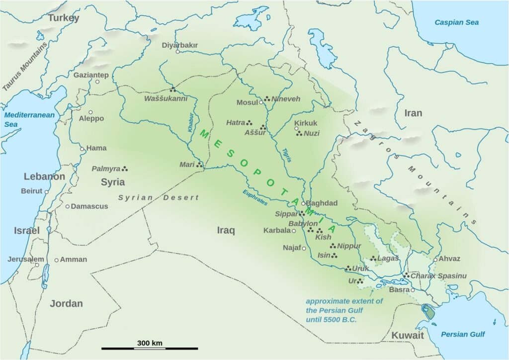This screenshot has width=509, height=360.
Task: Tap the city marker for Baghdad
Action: point(303,203)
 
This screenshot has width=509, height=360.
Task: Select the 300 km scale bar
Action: point(150,349)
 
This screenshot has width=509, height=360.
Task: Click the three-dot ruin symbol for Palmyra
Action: point(125,169)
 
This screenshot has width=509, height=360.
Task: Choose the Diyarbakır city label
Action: point(179,45)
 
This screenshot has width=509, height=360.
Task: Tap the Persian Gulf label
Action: point(463,334)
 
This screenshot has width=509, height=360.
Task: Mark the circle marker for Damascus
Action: point(67,206)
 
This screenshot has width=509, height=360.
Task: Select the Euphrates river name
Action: point(255,197)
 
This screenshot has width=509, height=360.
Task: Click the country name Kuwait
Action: point(408,336)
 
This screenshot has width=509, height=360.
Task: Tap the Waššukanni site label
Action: point(166,98)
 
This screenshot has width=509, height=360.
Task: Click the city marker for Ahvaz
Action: point(435,260)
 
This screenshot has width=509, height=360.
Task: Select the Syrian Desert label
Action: point(158,197)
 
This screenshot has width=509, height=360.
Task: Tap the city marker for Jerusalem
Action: point(37,265)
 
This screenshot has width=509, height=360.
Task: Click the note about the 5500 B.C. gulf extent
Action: point(344,310)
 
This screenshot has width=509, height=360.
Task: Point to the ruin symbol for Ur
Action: point(361,281)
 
